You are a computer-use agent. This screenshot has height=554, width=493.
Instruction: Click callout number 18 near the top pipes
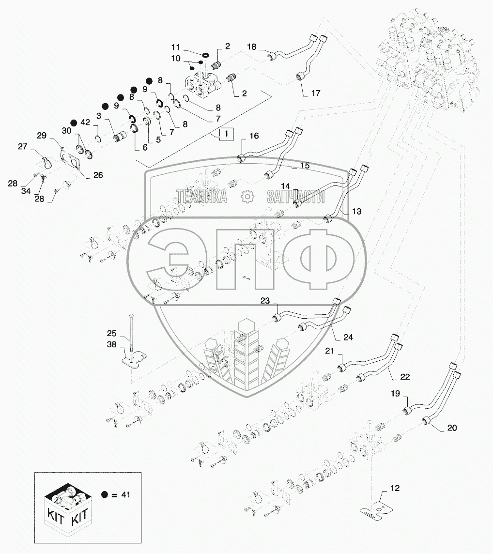point(252,46)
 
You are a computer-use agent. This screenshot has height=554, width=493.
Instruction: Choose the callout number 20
point(452,428)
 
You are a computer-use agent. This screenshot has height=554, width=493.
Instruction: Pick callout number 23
point(264,300)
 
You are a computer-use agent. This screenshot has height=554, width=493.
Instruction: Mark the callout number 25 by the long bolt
point(112,334)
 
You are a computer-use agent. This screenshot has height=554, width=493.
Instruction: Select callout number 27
point(23,147)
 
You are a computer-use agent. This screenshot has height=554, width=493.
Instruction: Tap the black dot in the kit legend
point(104,494)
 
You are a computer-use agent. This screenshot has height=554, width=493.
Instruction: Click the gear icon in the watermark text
point(247,196)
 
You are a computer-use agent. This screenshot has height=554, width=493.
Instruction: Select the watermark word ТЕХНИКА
point(202,196)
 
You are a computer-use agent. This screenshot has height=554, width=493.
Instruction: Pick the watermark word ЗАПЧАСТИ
point(295,196)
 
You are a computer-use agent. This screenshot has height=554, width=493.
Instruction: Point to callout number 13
point(356,212)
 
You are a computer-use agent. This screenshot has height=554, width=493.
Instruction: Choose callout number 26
point(98,175)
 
